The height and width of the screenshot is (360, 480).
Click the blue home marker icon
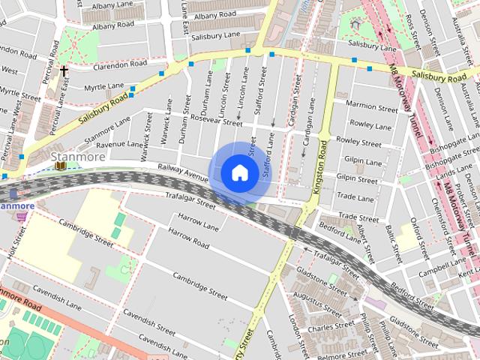(x=238, y=173)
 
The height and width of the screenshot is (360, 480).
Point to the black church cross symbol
(x=64, y=72)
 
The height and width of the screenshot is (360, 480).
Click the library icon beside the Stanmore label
(x=58, y=165)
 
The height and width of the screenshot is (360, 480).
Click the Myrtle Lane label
(x=104, y=87)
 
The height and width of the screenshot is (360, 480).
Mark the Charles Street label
(x=330, y=327)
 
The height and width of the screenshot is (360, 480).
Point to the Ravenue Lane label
(x=118, y=144)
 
